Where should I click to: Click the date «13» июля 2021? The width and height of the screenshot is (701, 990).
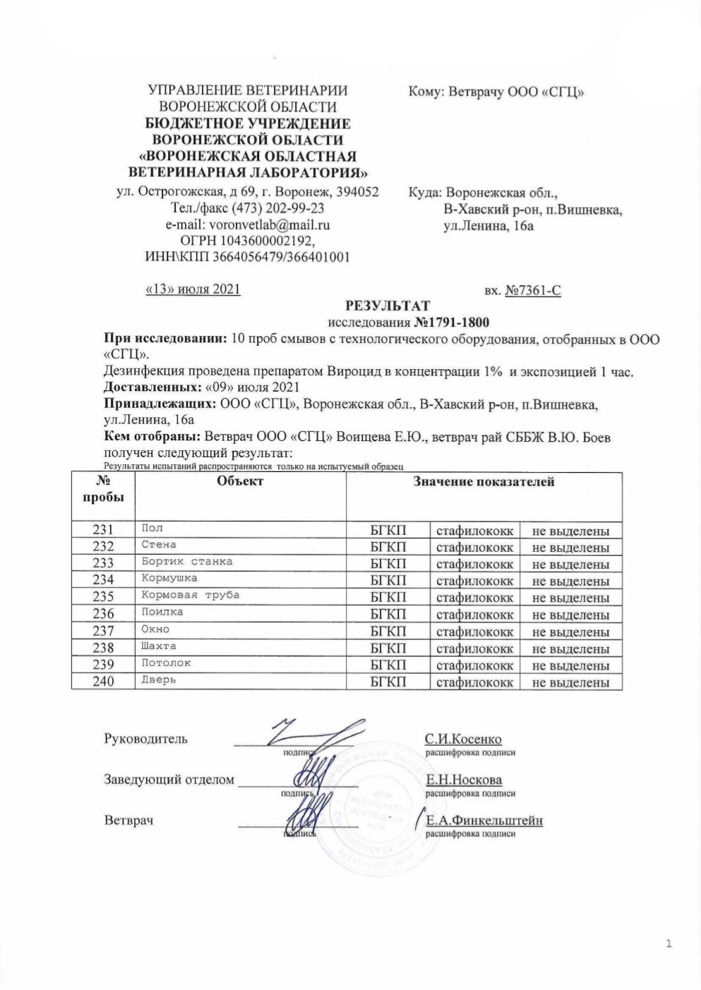[193, 289]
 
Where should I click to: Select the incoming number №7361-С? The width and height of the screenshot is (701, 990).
[533, 290]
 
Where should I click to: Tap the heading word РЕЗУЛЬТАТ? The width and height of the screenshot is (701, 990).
[387, 306]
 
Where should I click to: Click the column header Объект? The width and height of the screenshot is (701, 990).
[240, 481]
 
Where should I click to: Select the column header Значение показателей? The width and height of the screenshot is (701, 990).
[484, 482]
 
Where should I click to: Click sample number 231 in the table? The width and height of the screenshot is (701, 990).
[103, 531]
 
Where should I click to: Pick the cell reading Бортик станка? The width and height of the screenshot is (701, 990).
[186, 562]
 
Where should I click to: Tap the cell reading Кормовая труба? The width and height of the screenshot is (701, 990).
[190, 595]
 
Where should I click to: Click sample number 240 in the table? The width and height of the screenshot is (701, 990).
[103, 682]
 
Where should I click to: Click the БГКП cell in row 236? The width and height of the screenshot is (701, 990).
[388, 615]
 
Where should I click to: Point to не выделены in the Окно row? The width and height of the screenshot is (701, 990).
[570, 632]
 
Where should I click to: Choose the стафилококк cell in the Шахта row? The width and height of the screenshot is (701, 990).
[474, 648]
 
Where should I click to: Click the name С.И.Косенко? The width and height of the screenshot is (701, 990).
[463, 740]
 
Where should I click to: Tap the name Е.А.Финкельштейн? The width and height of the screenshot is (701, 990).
[484, 821]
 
